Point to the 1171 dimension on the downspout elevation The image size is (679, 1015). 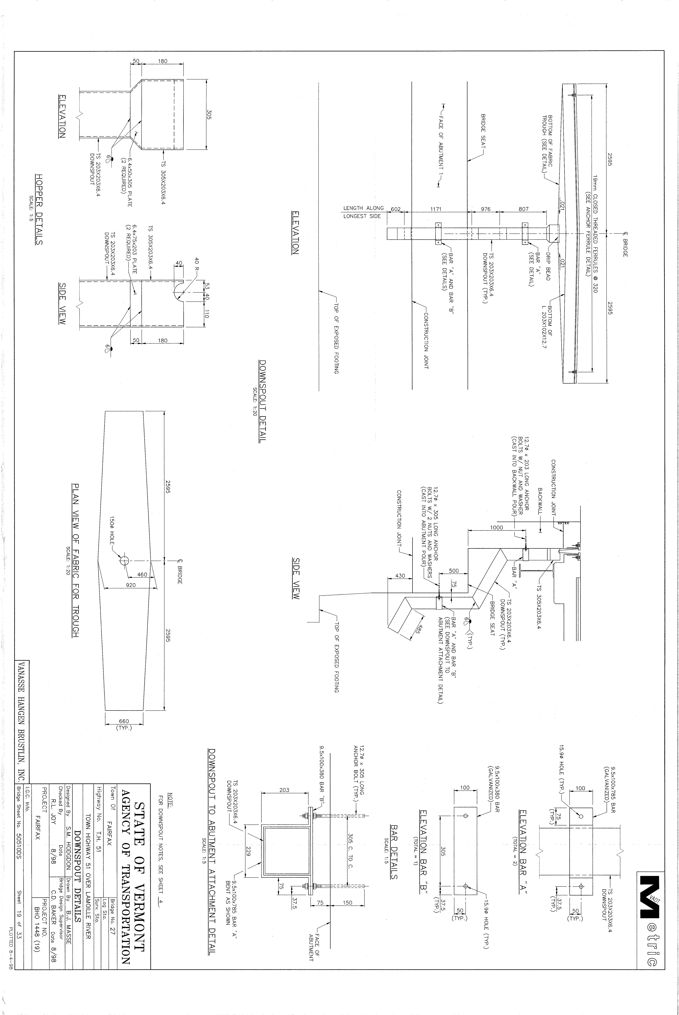[436, 209]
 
